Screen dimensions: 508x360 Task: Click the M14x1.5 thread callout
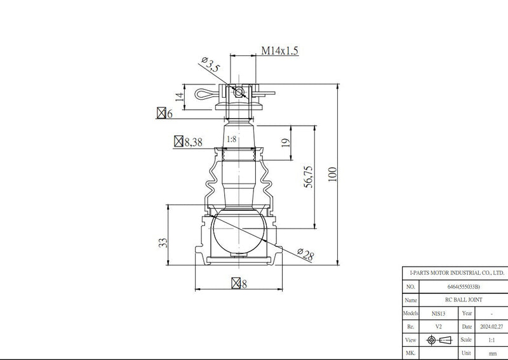point(280,51)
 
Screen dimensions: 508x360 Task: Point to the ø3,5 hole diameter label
point(211,65)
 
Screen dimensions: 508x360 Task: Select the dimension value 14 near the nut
point(180,97)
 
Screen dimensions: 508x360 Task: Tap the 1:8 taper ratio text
point(231,139)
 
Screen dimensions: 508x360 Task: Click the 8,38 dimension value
point(194,142)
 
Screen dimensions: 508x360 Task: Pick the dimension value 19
point(285,143)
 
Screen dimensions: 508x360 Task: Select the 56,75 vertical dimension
point(309,177)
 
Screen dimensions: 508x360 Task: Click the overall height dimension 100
point(332,175)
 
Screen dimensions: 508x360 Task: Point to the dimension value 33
point(163,243)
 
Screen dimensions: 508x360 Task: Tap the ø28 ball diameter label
point(305,255)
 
